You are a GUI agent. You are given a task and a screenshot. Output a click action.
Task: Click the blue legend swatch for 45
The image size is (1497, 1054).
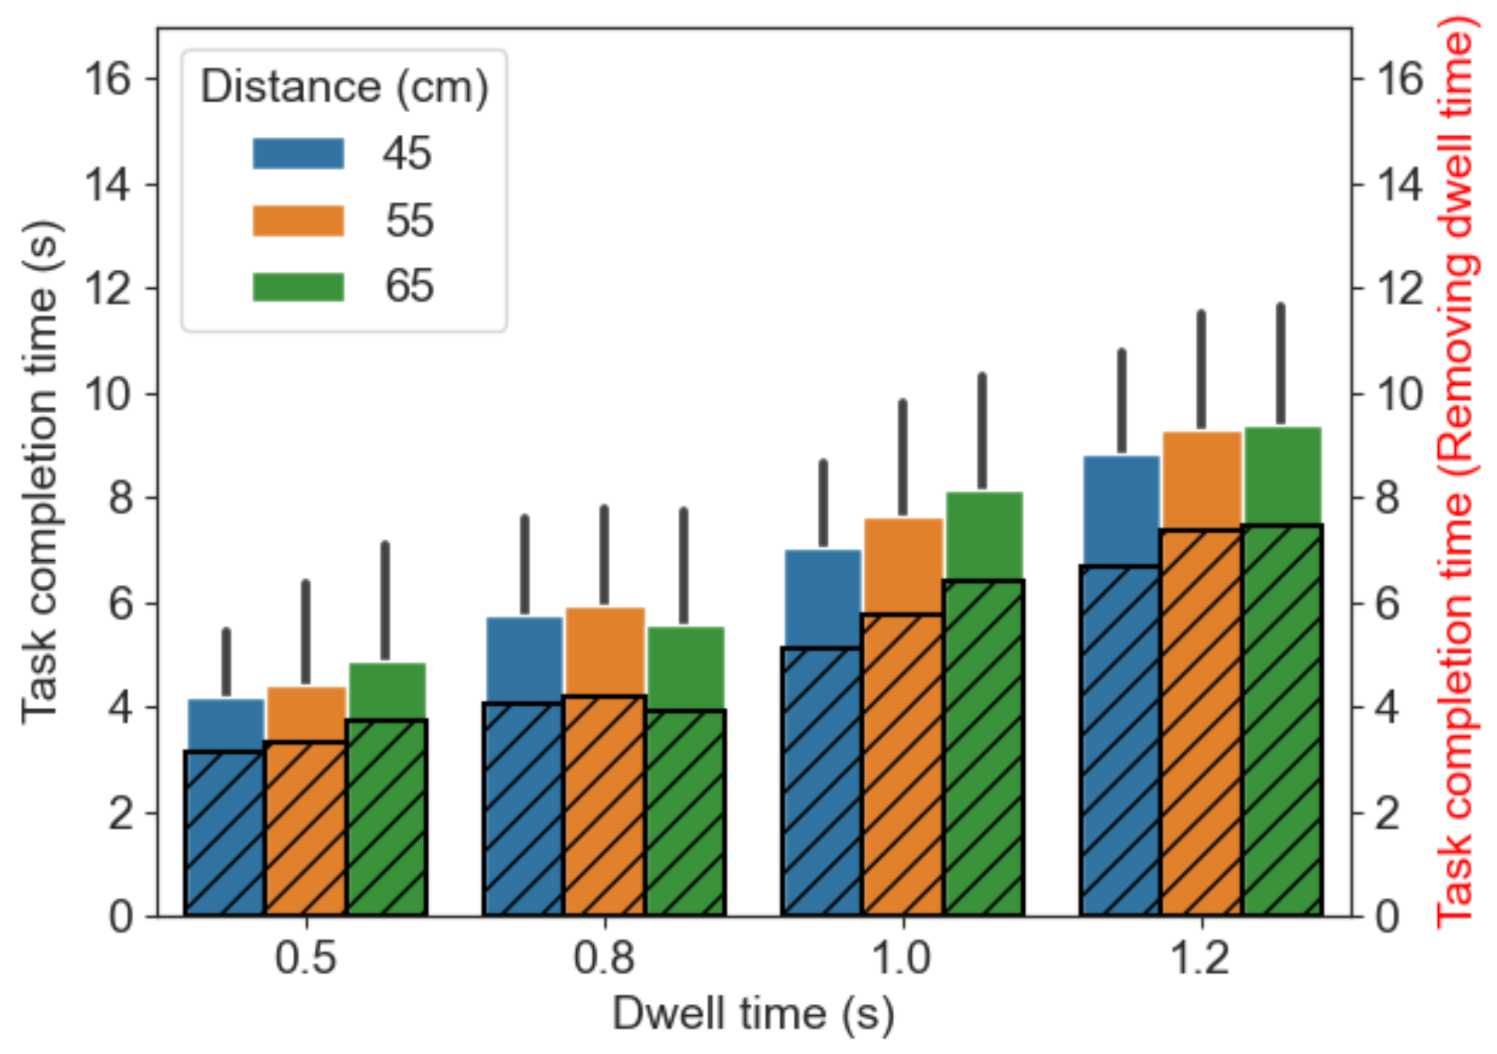pos(298,153)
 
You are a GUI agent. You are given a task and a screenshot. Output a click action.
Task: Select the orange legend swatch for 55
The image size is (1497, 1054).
pos(298,220)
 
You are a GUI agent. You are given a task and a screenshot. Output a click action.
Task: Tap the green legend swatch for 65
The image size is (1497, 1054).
pos(298,287)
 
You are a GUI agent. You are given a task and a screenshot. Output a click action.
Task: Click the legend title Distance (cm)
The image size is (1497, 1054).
pos(345,86)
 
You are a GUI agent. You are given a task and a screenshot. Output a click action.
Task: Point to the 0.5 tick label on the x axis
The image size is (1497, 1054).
pos(305,958)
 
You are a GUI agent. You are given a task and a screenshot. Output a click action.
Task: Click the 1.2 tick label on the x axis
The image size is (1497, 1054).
pos(1201,958)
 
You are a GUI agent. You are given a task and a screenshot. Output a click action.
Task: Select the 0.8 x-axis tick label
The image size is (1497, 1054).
pos(604,958)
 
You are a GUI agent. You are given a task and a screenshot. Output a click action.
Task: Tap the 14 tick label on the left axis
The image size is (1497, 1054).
pos(107,185)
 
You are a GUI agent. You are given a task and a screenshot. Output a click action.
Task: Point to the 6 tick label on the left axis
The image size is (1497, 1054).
pos(120,604)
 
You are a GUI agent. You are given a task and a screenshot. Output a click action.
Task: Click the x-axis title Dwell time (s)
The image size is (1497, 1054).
pos(753,1014)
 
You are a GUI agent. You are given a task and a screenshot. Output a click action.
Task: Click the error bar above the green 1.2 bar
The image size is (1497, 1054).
pos(1281,363)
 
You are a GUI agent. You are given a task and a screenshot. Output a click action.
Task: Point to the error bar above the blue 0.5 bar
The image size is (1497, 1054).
pos(226,662)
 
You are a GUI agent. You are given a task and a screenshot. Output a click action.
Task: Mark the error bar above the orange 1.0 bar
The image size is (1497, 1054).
pos(902,458)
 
